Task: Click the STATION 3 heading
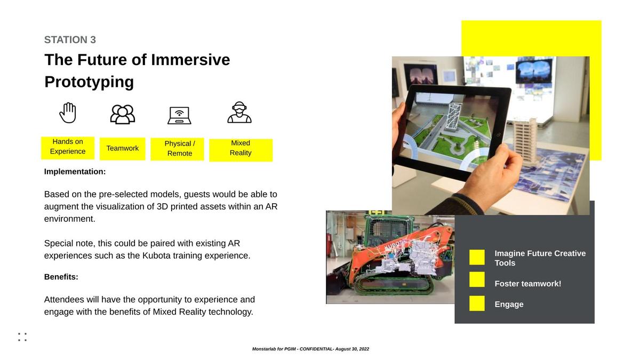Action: (x=70, y=39)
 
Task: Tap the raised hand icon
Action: (x=68, y=113)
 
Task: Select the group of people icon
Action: (x=123, y=114)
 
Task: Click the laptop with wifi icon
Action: (x=179, y=116)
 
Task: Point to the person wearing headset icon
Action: (x=239, y=113)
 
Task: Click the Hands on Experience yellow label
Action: (x=68, y=148)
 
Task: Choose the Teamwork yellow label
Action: (x=123, y=149)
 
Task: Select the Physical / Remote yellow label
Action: (x=178, y=149)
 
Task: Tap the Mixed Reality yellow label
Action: (x=241, y=150)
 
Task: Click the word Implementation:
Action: (x=75, y=172)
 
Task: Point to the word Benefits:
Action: (x=61, y=277)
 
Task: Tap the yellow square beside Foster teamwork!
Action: (x=477, y=279)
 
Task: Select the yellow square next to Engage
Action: (x=477, y=303)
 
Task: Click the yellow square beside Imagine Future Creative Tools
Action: (x=477, y=257)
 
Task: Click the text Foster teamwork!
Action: (x=527, y=284)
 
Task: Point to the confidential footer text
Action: (x=310, y=349)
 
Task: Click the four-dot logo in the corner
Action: (x=22, y=337)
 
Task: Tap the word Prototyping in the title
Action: (x=89, y=82)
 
